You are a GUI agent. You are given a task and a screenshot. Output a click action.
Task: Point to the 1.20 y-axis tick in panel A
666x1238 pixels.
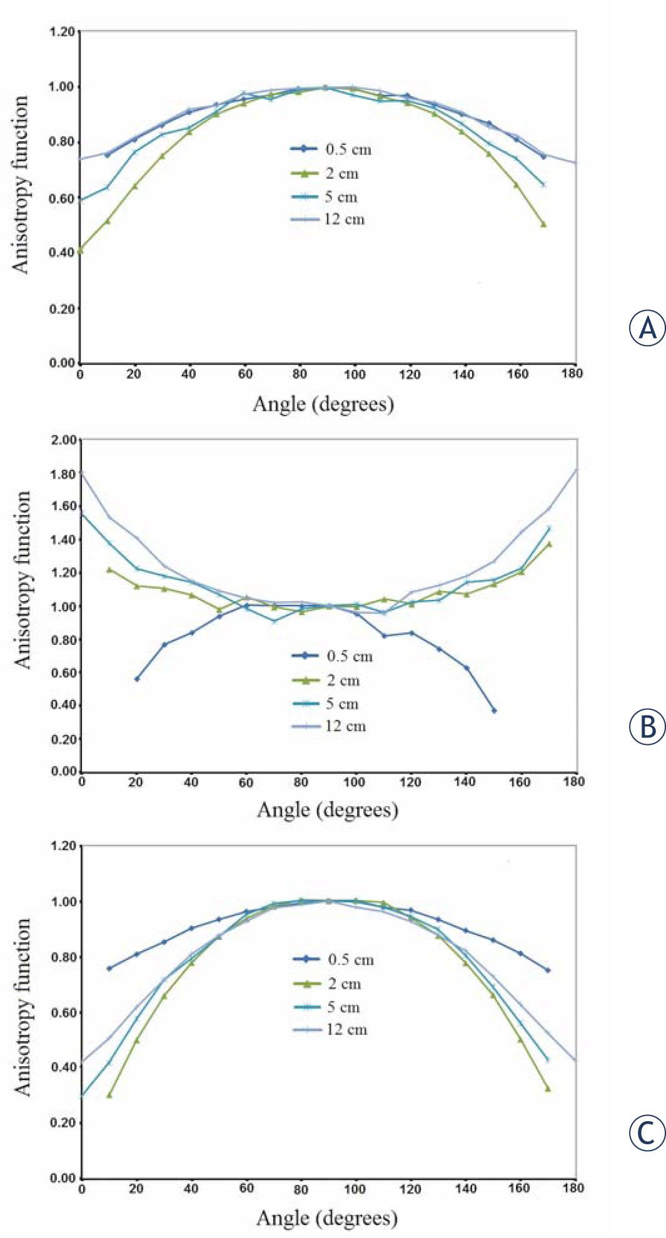pyautogui.click(x=63, y=32)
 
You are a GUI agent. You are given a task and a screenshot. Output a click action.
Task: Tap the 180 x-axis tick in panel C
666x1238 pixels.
pyautogui.click(x=575, y=1188)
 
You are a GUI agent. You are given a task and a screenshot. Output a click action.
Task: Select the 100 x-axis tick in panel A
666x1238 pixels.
pyautogui.click(x=355, y=374)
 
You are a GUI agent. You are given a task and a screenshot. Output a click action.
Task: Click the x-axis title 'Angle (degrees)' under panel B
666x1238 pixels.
pyautogui.click(x=327, y=810)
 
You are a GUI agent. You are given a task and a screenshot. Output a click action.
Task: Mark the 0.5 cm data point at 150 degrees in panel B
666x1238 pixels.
pyautogui.click(x=494, y=711)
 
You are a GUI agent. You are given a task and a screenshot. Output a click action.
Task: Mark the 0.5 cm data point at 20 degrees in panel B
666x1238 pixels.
pyautogui.click(x=137, y=679)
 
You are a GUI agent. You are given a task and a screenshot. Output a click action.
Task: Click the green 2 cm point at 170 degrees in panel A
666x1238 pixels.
pyautogui.click(x=543, y=224)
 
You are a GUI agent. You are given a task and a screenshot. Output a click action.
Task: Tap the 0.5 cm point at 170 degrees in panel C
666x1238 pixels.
pyautogui.click(x=548, y=971)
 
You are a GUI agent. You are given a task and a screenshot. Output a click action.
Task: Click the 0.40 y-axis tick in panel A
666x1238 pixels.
pyautogui.click(x=63, y=252)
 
